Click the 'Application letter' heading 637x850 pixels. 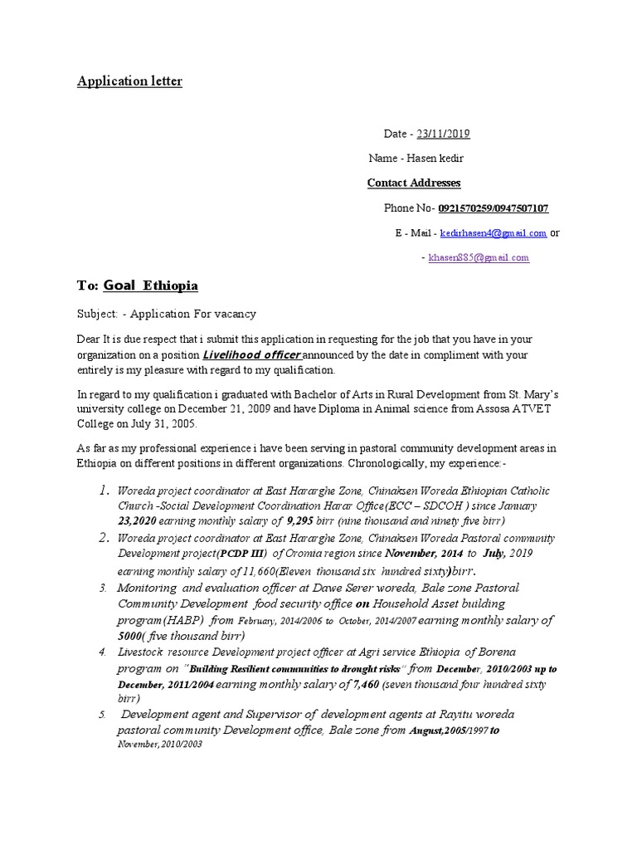click(129, 81)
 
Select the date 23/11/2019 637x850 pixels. click(443, 134)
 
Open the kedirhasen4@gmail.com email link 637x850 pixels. click(493, 233)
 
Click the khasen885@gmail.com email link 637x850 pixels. click(479, 258)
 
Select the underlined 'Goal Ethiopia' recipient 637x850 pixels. click(150, 286)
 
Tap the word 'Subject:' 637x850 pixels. click(98, 314)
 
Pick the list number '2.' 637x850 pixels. click(104, 537)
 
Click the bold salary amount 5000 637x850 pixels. click(131, 636)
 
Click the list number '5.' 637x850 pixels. click(103, 715)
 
